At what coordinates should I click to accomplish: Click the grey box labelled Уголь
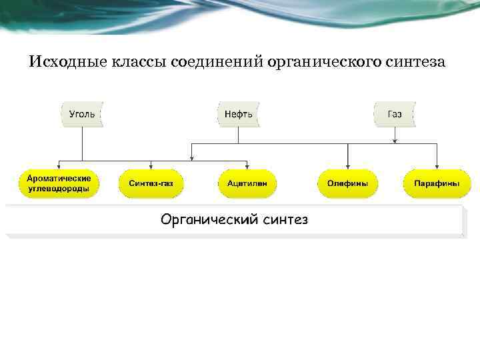[x=82, y=114]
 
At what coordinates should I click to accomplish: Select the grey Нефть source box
[x=238, y=114]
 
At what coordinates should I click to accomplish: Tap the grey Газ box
[x=395, y=114]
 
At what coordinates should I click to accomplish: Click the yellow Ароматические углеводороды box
[x=59, y=183]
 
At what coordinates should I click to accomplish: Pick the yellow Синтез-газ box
[x=151, y=183]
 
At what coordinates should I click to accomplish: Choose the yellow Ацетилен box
[x=247, y=183]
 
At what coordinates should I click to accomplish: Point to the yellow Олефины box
[x=347, y=183]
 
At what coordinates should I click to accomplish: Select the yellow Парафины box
[x=437, y=183]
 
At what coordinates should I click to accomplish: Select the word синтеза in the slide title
[x=415, y=63]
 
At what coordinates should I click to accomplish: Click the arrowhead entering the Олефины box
[x=347, y=165]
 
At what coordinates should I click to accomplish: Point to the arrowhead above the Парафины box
[x=437, y=165]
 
